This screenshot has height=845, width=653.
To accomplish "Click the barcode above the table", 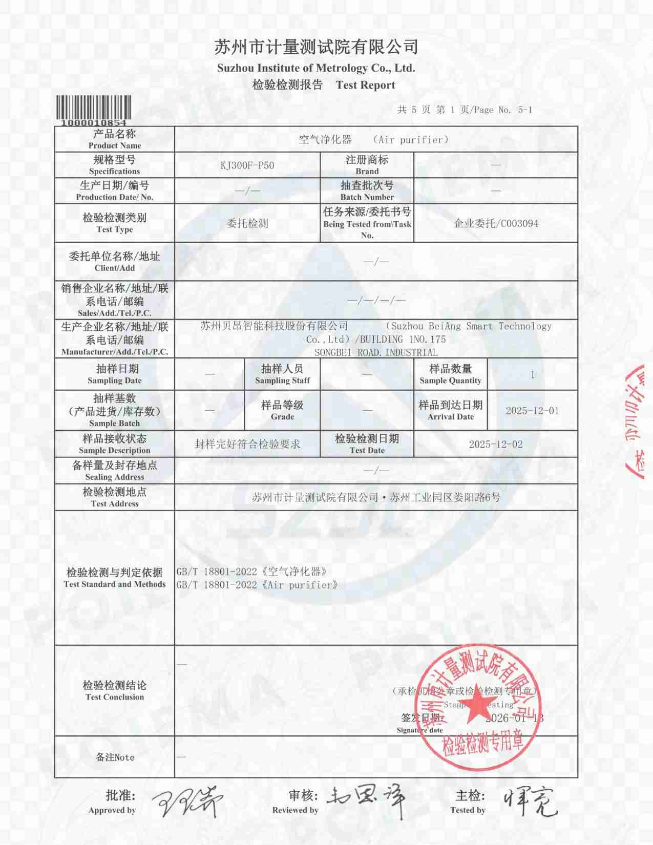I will pyautogui.click(x=93, y=107).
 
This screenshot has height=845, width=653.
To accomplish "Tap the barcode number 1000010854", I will pyautogui.click(x=93, y=123).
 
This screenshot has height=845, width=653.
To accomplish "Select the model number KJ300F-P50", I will pyautogui.click(x=247, y=165).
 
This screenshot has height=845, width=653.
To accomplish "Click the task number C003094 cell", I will pyautogui.click(x=496, y=223).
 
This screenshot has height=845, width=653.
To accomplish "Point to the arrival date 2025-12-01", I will pyautogui.click(x=532, y=411).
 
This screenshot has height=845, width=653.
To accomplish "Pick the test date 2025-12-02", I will pyautogui.click(x=496, y=445).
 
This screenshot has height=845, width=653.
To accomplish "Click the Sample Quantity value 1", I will pyautogui.click(x=532, y=375).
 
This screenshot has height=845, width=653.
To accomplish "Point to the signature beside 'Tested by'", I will pyautogui.click(x=530, y=801).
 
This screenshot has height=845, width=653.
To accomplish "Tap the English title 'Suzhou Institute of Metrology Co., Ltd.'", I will pyautogui.click(x=316, y=68).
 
